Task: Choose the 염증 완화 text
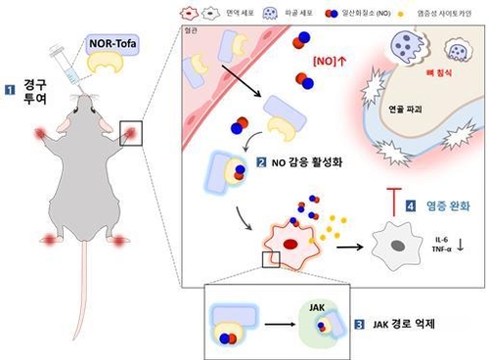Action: point(444,206)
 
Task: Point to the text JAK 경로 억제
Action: point(403,323)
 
